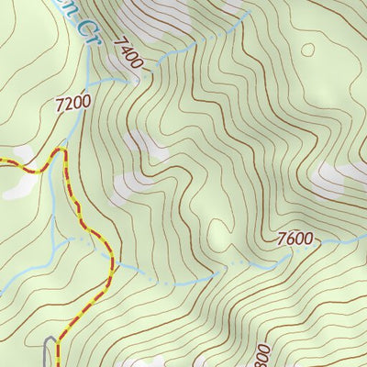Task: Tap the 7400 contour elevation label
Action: click(129, 53)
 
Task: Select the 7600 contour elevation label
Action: click(295, 240)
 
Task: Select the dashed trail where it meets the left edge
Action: click(2, 161)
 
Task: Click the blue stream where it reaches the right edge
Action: click(364, 237)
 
